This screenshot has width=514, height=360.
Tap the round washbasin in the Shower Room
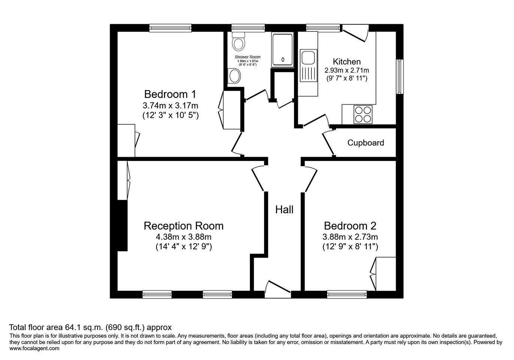(234, 76)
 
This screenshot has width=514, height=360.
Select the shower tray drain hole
(283, 60)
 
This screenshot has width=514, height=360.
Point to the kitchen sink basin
(308, 58)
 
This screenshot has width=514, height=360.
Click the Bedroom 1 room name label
(170, 94)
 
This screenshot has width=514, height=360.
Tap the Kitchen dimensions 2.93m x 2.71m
(347, 70)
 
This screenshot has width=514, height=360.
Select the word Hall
(284, 210)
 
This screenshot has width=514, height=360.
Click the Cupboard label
(366, 142)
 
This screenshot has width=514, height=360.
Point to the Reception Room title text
(184, 226)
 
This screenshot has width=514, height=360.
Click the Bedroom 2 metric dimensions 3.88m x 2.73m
(350, 237)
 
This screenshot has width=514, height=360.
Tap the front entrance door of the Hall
(278, 289)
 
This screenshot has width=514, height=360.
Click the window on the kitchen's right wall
(400, 76)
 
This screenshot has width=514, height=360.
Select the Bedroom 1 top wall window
(170, 28)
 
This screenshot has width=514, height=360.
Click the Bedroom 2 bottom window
(347, 294)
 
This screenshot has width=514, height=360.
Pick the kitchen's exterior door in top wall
(356, 33)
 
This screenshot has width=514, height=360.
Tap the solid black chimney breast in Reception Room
(122, 225)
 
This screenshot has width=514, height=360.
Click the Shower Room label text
(248, 57)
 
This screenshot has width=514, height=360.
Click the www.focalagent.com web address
(34, 348)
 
